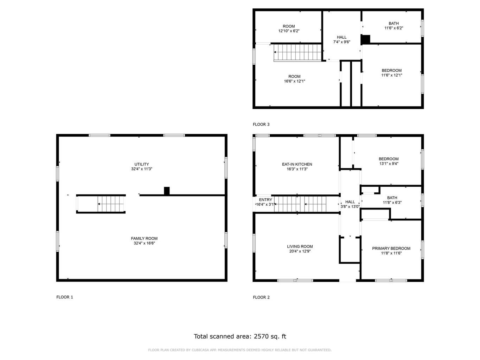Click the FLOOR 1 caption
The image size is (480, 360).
tap(64, 297)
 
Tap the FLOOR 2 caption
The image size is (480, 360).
tap(261, 297)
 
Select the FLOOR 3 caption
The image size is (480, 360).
tap(261, 124)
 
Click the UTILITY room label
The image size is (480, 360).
tap(142, 164)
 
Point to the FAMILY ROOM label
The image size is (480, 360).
tap(144, 238)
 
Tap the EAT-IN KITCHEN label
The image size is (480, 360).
tap(297, 164)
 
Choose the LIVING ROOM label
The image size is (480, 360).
tap(300, 246)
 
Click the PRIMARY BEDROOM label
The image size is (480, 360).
tap(391, 248)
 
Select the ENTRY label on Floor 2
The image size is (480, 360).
tap(265, 200)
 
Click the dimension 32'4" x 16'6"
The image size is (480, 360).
tap(144, 243)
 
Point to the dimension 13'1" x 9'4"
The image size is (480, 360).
tap(389, 163)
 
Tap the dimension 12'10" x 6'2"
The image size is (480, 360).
tap(289, 31)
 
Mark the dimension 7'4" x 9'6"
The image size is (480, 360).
tap(341, 42)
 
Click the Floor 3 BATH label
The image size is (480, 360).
tap(393, 24)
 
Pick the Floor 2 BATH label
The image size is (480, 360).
tap(392, 198)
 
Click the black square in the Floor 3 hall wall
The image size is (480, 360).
tap(366, 40)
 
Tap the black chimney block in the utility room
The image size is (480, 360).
tap(167, 191)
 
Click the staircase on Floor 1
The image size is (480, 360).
tap(101, 204)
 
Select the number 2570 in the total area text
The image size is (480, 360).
tap(261, 336)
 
